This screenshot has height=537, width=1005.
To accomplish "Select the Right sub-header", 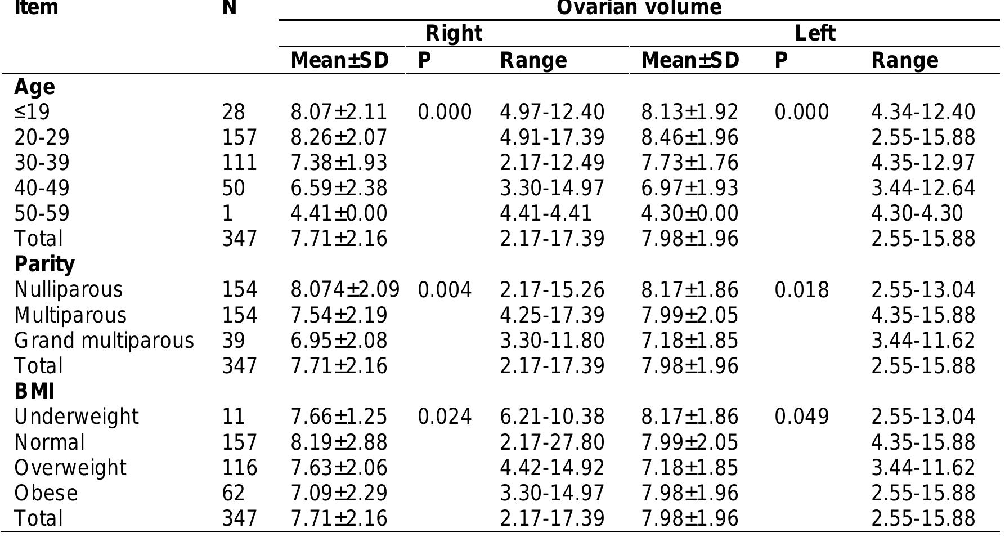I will click(454, 34).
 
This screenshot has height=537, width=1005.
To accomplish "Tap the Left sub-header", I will click(814, 34).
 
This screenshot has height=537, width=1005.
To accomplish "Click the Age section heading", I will click(34, 87).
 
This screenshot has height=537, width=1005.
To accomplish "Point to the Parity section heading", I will click(44, 264).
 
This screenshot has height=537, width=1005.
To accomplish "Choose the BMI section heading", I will click(34, 391).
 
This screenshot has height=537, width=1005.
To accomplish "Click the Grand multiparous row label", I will click(104, 341).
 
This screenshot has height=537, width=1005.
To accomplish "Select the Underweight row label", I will click(76, 417).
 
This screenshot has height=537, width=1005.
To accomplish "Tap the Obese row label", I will click(46, 493).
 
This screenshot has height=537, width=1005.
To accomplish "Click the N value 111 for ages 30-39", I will click(239, 163).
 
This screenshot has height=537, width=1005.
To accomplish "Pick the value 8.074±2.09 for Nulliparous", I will click(345, 289).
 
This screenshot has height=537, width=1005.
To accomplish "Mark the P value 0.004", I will click(445, 289).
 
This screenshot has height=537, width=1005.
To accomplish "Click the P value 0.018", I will click(801, 289).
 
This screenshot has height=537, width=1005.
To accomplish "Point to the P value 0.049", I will click(801, 417).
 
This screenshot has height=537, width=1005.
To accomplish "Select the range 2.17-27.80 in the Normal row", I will click(552, 442).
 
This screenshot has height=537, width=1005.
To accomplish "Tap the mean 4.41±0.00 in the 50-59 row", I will click(339, 213).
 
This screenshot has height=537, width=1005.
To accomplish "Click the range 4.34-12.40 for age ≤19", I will click(923, 112).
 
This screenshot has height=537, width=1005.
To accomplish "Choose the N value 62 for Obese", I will click(234, 493).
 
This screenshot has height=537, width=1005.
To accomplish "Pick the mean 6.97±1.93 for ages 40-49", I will click(689, 188).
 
